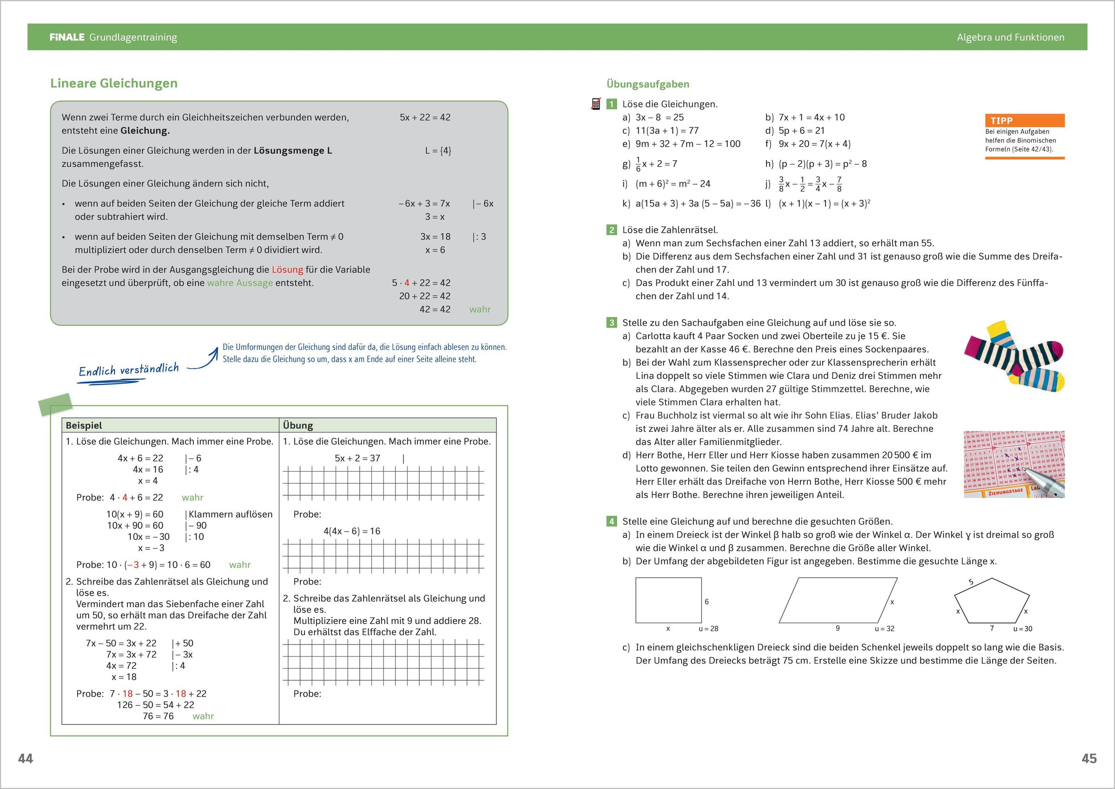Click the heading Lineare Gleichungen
point(114,83)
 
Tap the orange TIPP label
point(1002,120)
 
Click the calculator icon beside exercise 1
point(596,104)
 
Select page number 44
point(25,758)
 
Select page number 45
point(1089,758)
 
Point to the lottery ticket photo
point(1014,464)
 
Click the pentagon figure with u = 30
point(991,601)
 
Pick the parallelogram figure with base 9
point(838,600)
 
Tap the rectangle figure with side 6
point(668,600)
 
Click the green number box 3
point(612,322)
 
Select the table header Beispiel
point(84,425)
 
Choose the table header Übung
point(298,425)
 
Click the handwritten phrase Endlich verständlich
point(129,370)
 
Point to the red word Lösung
point(287,270)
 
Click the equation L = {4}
point(438,151)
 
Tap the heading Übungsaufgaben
point(647,84)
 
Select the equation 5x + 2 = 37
point(357,458)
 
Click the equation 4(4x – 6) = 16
point(352,531)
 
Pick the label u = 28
point(708,629)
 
